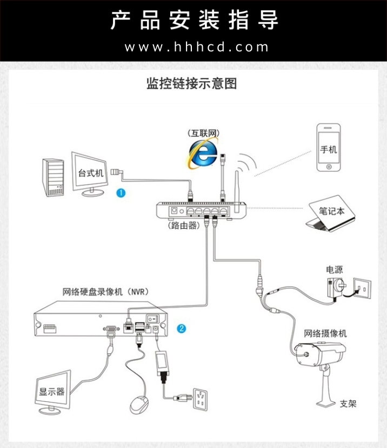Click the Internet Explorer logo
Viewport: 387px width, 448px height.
coord(203,153)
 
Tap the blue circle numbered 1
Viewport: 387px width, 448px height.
coord(121,193)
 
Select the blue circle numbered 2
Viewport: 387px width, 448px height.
coord(182,328)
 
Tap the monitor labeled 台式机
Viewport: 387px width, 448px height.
coord(91,174)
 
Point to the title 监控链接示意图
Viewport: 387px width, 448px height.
coord(192,84)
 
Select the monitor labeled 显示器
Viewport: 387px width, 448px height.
coord(53,391)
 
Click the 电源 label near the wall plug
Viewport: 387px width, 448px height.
coord(334,269)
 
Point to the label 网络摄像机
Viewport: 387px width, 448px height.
coord(325,333)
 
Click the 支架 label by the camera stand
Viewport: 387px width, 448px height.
coord(348,404)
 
